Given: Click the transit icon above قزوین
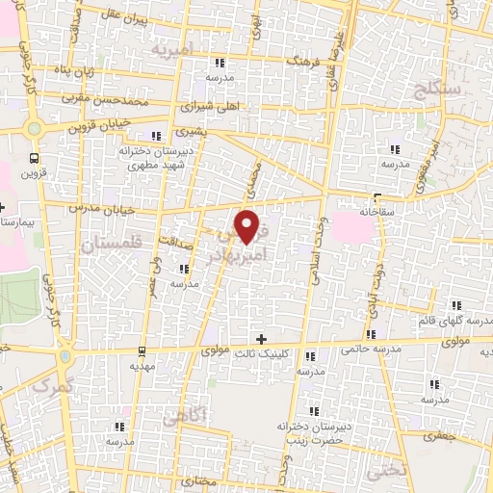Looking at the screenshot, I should point(36,158).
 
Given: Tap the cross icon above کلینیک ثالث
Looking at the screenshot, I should point(261,339).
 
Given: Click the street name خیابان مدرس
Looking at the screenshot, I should point(97,206).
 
